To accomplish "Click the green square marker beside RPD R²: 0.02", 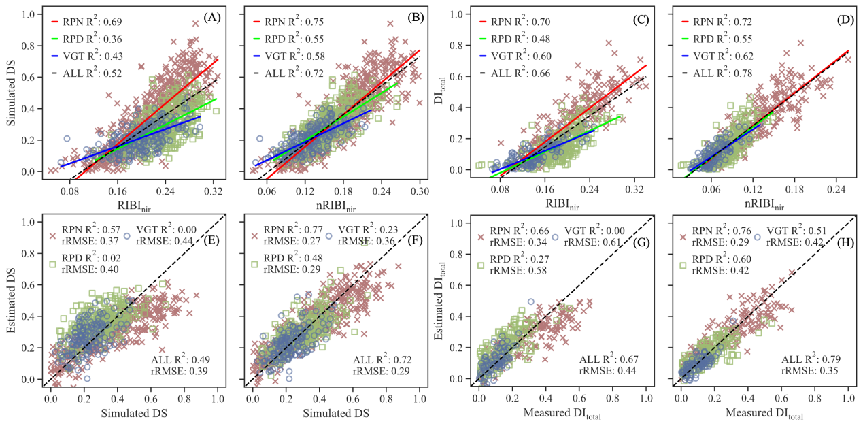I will [54, 264].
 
